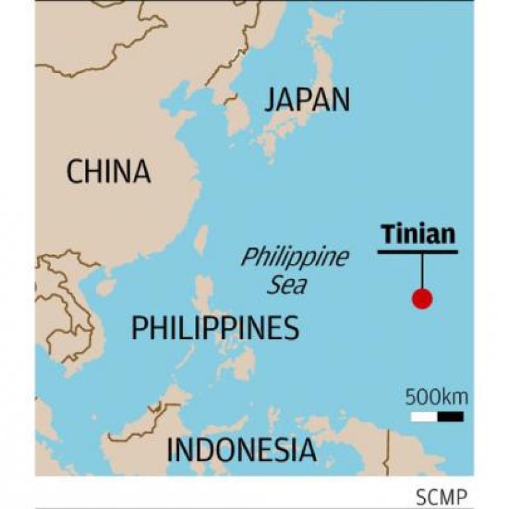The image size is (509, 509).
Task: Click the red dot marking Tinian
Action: click(x=422, y=299)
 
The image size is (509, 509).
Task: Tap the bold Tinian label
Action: click(x=418, y=235)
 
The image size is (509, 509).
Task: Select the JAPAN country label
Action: click(x=307, y=100)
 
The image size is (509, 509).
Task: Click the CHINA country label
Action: click(x=108, y=172)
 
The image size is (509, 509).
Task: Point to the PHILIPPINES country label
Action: click(x=215, y=328)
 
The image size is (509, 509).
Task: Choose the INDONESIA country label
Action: click(x=241, y=451)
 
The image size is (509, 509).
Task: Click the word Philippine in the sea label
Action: click(x=294, y=258)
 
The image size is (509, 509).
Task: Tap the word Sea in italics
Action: click(x=287, y=285)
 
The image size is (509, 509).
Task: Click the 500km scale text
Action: click(x=437, y=398)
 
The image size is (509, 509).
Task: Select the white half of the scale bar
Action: click(x=424, y=417)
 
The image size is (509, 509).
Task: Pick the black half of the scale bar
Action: click(x=450, y=417)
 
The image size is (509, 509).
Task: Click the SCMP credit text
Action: click(x=441, y=496)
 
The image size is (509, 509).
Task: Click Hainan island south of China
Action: click(x=106, y=286)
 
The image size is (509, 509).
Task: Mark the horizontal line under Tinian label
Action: click(x=418, y=252)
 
